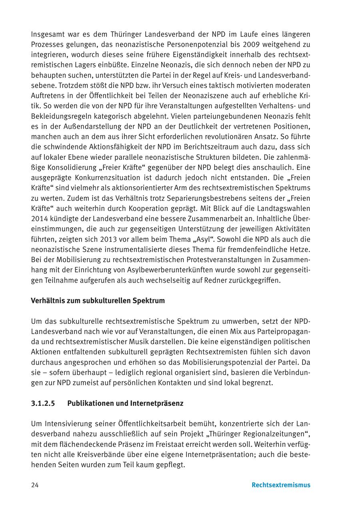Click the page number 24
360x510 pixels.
coord(35,485)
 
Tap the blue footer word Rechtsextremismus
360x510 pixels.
coord(281,485)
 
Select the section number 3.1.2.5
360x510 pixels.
coord(42,403)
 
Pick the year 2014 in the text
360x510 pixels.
coord(39,219)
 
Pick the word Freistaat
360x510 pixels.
coord(171,444)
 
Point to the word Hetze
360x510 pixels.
coord(301,249)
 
